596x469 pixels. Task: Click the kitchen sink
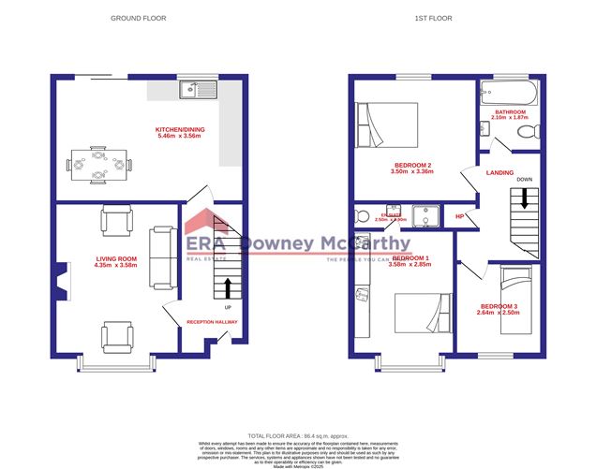pyautogui.click(x=201, y=91)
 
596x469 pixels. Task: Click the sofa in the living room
pyautogui.click(x=163, y=256)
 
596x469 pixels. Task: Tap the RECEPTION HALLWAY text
pyautogui.click(x=212, y=322)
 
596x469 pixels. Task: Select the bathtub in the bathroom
pyautogui.click(x=510, y=92)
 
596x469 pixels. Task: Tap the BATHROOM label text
pyautogui.click(x=511, y=112)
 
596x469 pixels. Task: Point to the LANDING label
pyautogui.click(x=499, y=173)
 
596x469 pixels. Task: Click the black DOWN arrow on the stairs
pyautogui.click(x=525, y=198)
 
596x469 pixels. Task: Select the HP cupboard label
pyautogui.click(x=459, y=217)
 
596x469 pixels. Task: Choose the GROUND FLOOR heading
pyautogui.click(x=139, y=18)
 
